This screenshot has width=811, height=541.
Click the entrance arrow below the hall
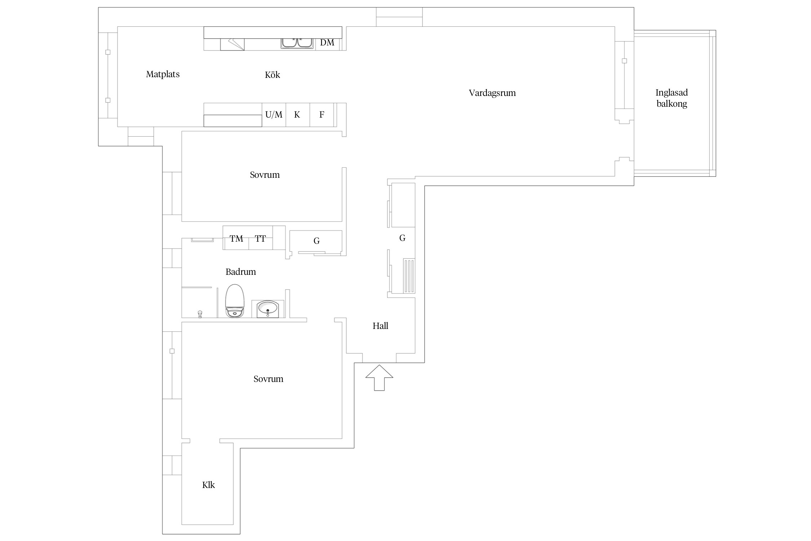point(379,378)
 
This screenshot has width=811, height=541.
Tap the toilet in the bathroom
point(235,301)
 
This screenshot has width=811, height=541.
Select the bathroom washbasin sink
point(267,309)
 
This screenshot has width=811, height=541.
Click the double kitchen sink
point(297,43)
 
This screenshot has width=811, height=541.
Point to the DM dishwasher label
point(327,43)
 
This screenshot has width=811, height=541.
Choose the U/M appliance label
point(274,115)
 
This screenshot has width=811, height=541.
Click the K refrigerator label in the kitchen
point(297,115)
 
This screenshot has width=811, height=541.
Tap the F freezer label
point(322,115)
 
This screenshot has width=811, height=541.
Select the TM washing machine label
point(236,238)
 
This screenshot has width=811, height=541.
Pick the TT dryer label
point(260,238)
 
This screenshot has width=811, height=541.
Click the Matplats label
point(163,74)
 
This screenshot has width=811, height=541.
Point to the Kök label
point(272,75)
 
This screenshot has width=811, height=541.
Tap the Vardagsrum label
point(492,93)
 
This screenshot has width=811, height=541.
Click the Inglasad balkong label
point(672,98)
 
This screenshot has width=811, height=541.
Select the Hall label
point(381,326)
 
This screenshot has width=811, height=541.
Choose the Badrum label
point(241,272)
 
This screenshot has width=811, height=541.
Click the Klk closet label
point(208,485)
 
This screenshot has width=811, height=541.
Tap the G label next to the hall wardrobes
point(402,238)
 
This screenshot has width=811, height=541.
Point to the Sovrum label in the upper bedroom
point(265,175)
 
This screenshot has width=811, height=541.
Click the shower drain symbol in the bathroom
point(200,314)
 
